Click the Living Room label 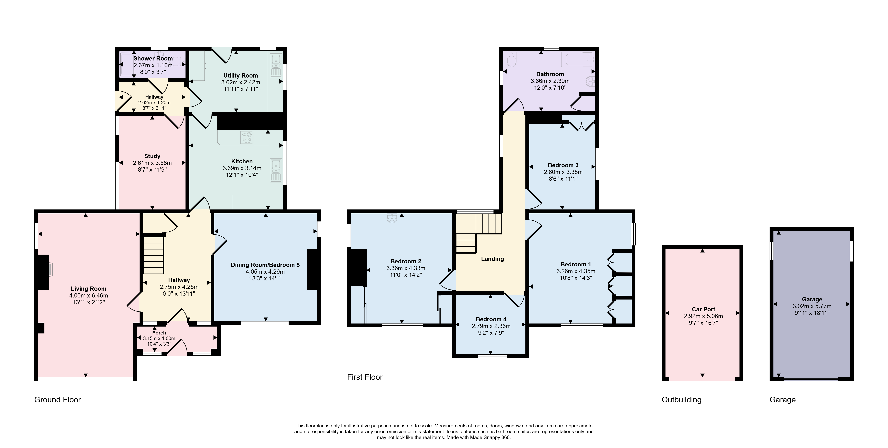89,289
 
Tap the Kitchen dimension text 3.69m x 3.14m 242,168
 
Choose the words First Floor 365,377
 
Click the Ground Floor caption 58,400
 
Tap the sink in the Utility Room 276,66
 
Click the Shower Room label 153,59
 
